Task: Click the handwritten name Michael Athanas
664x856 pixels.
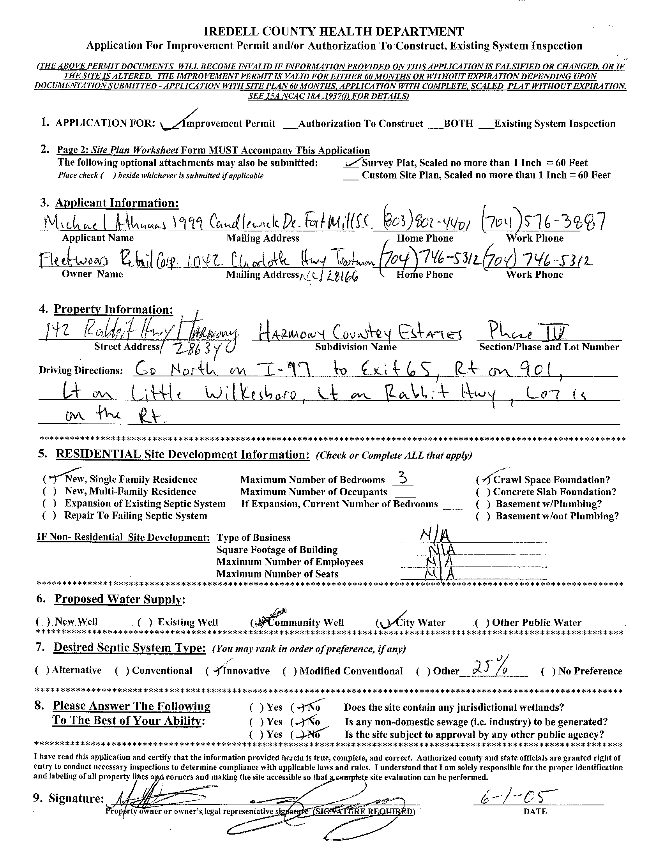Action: click(x=96, y=224)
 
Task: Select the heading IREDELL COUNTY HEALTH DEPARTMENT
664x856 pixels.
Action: click(x=334, y=32)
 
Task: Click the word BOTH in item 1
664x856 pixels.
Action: click(x=458, y=124)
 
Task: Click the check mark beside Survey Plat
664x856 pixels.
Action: click(x=352, y=162)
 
